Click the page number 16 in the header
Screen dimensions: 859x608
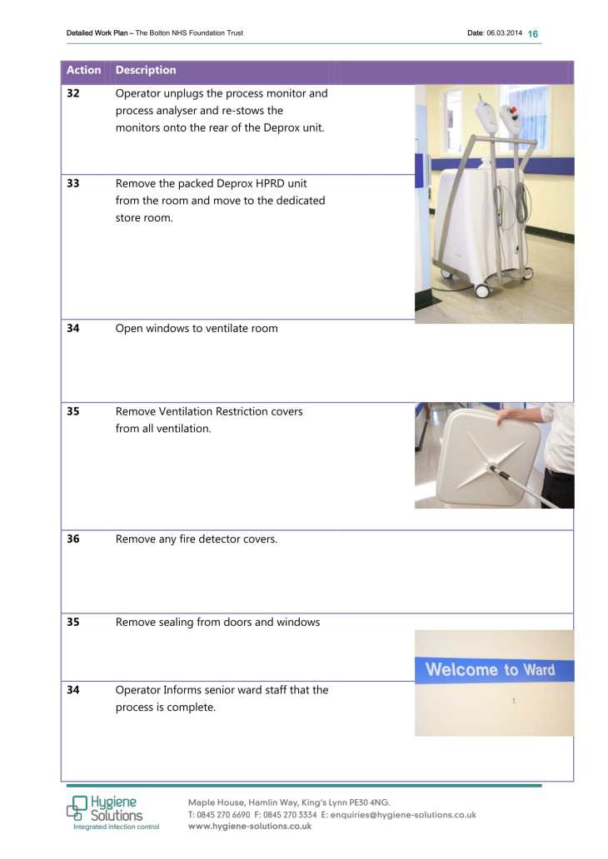533,33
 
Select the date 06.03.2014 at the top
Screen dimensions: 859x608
505,33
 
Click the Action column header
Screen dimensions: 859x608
83,71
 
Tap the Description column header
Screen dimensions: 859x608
146,71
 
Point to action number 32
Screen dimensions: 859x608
73,94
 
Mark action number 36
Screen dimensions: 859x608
73,539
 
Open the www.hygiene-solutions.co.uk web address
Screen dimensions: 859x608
250,827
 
